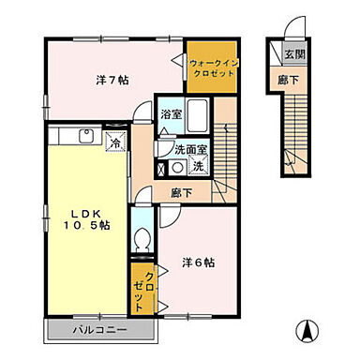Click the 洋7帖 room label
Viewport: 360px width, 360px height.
point(112,81)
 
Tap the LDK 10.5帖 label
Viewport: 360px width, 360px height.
point(86,219)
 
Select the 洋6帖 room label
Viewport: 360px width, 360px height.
point(199,262)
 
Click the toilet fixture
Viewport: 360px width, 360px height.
point(142,240)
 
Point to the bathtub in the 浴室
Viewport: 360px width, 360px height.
point(197,115)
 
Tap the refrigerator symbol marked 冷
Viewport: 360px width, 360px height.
point(115,142)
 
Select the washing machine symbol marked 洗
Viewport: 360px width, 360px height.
point(199,166)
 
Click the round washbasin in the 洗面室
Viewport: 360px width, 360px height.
point(178,168)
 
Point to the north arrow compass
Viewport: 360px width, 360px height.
point(308,331)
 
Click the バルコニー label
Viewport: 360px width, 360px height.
point(100,330)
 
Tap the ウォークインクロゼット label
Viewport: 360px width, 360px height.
point(214,68)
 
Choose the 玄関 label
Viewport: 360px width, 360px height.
point(294,54)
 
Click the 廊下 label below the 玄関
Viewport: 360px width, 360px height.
point(288,80)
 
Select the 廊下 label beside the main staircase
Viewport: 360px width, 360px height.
point(182,193)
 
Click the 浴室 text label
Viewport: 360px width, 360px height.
point(171,114)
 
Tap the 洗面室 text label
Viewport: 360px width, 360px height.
point(190,150)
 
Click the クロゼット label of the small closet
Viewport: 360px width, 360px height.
point(144,291)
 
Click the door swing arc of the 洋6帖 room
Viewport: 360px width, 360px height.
point(175,220)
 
